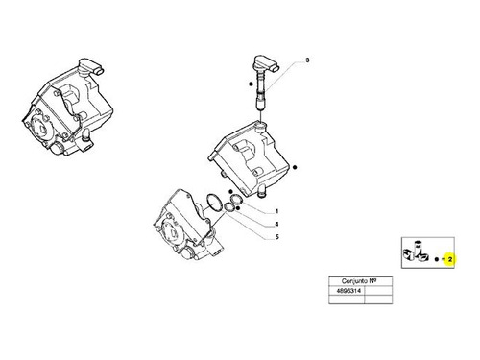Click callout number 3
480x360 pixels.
(x=307, y=60)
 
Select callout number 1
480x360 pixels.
(x=276, y=211)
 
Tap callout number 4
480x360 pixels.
(x=276, y=225)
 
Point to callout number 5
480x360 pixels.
(x=276, y=237)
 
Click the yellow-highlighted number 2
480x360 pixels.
(x=450, y=259)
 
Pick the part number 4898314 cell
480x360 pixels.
(x=347, y=291)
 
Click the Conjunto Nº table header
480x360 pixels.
(x=361, y=281)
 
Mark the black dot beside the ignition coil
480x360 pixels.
(x=251, y=84)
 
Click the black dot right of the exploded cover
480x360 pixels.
(x=295, y=167)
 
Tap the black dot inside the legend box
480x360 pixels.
(x=437, y=259)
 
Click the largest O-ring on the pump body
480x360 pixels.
(x=214, y=203)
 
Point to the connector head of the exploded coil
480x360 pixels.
(x=266, y=64)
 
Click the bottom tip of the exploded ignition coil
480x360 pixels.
(x=261, y=109)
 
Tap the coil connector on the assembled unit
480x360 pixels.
(x=91, y=67)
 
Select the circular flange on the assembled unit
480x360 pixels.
(x=39, y=129)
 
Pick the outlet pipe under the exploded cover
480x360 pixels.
(x=262, y=191)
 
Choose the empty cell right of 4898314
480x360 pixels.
(x=378, y=291)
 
